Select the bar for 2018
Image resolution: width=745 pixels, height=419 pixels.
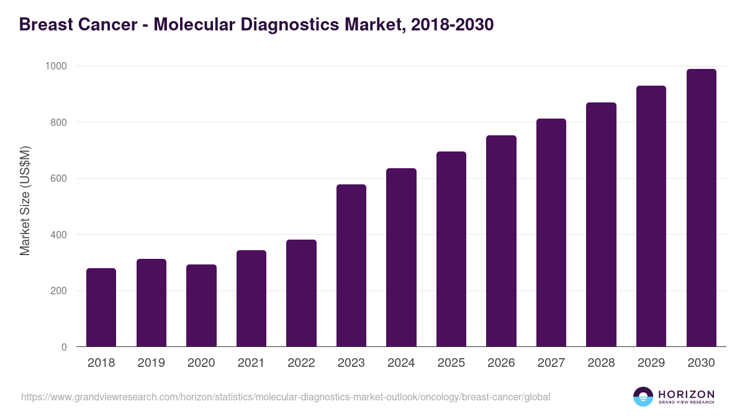[101, 307]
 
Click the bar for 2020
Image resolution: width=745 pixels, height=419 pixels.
[201, 305]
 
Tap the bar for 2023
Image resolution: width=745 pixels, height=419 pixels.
[351, 266]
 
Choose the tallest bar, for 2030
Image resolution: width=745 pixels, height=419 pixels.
[701, 208]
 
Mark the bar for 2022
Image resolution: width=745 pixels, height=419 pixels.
[301, 293]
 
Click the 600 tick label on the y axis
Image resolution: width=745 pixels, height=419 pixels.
[60, 179]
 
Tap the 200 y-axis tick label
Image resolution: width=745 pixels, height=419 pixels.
[60, 291]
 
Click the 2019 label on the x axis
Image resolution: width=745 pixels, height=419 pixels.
[151, 363]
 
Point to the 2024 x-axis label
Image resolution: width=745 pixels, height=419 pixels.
[401, 363]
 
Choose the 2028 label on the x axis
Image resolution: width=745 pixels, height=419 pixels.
[601, 363]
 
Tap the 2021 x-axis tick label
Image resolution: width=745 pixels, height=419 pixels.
[251, 363]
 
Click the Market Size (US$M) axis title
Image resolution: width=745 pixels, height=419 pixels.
[25, 201]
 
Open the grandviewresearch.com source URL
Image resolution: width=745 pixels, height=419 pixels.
[286, 397]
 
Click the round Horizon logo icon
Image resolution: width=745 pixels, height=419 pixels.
[643, 397]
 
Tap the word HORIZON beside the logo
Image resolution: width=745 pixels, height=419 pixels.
[686, 394]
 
